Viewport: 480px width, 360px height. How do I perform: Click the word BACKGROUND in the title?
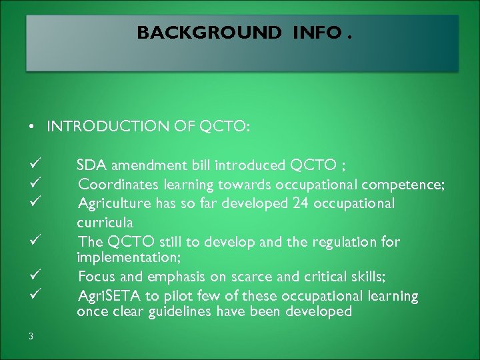point(209,33)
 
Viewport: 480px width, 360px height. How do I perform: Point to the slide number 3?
point(31,336)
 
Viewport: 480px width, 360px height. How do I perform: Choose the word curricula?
point(105,221)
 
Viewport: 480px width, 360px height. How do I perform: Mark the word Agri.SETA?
point(107,295)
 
